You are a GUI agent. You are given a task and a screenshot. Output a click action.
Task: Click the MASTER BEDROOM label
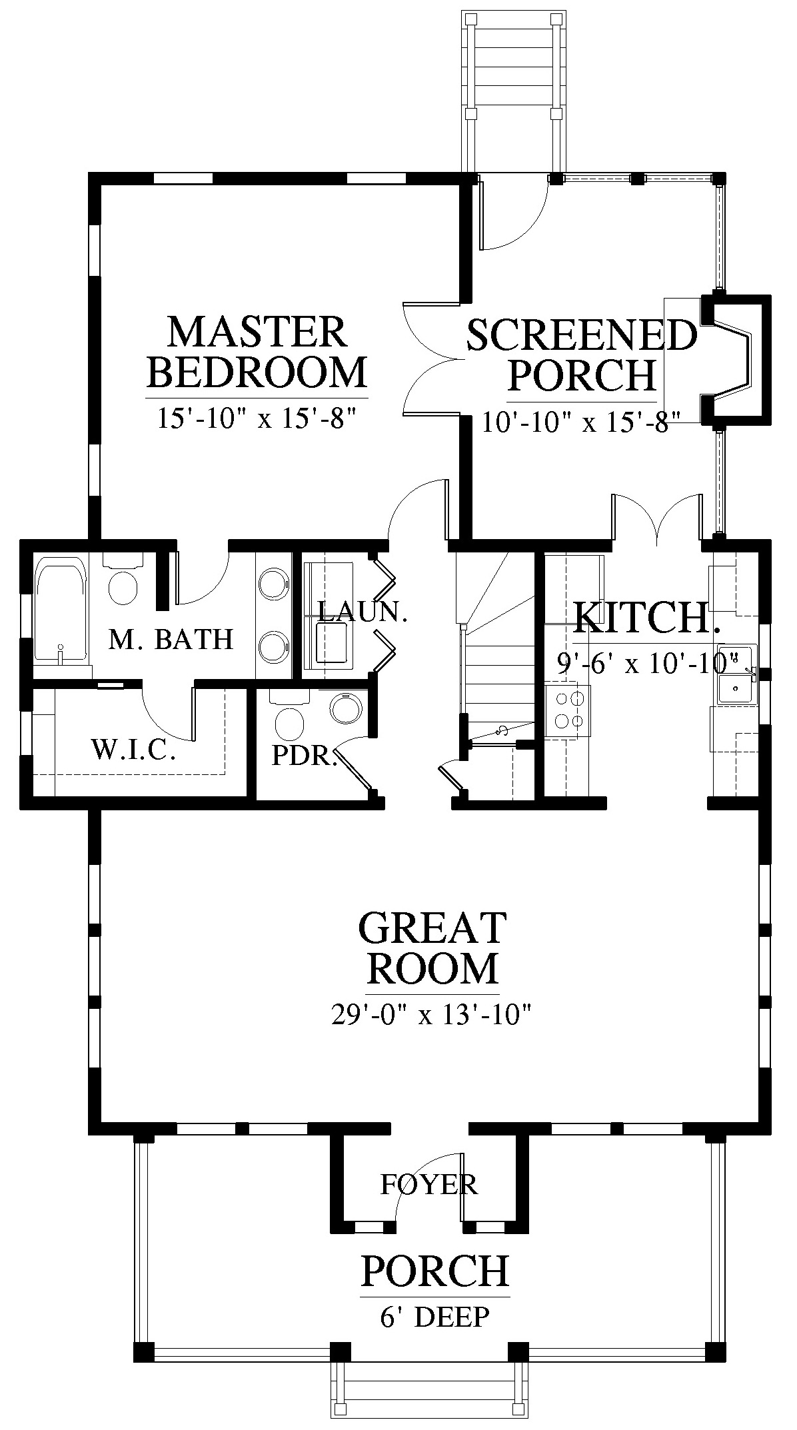257,353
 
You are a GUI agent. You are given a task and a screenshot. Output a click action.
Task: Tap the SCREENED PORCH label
581,355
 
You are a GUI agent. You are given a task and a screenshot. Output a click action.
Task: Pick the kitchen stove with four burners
568,710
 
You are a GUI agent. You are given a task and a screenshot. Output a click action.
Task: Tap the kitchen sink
736,674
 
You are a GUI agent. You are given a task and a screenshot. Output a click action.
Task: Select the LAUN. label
362,612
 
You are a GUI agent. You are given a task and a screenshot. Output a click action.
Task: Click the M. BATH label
171,639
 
